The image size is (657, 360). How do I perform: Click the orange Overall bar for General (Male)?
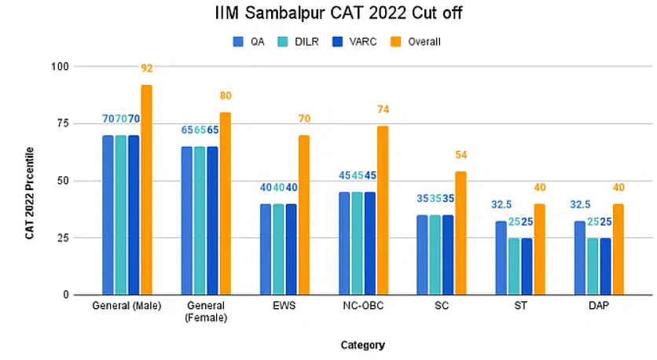click(x=146, y=189)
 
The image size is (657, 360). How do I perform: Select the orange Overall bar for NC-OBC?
click(x=383, y=210)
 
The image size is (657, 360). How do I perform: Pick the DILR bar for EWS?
click(x=278, y=249)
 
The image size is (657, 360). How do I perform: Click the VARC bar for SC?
click(x=449, y=255)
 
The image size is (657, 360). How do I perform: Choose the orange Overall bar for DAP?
click(x=618, y=249)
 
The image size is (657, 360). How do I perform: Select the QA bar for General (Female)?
click(x=187, y=220)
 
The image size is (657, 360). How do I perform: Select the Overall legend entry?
click(x=416, y=41)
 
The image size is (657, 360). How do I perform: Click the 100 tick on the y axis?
click(x=79, y=67)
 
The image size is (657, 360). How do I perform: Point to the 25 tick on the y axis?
click(x=83, y=237)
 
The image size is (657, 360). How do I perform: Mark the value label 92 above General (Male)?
click(x=146, y=68)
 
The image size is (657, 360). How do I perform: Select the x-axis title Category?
click(x=362, y=344)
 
